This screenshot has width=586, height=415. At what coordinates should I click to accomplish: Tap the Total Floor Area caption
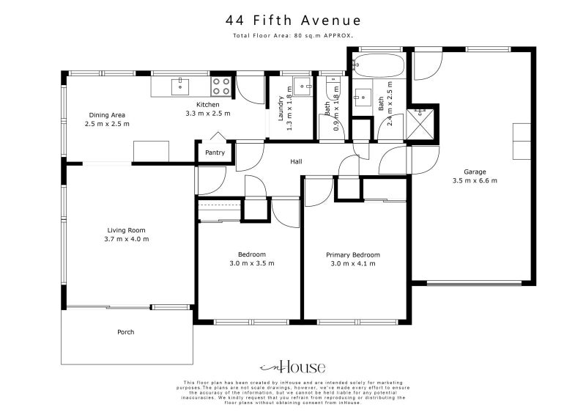293,35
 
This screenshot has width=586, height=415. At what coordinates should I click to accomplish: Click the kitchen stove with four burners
221,87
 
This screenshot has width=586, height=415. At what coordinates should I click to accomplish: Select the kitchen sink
180,87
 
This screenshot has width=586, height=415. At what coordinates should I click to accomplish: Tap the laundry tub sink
301,82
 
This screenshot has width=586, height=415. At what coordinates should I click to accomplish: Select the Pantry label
215,153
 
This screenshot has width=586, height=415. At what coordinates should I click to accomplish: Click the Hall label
296,162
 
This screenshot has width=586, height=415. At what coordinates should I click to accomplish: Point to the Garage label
475,172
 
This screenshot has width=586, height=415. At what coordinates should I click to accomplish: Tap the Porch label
126,332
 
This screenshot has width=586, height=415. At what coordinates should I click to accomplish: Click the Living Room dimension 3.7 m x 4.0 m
127,239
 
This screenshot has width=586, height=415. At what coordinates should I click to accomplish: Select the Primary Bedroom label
353,254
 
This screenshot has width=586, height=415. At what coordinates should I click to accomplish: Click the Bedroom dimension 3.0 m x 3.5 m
251,263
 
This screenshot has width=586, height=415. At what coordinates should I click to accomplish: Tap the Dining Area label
107,115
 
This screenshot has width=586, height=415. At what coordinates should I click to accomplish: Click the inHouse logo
292,367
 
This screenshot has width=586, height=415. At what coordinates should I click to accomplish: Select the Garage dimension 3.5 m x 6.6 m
475,180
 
